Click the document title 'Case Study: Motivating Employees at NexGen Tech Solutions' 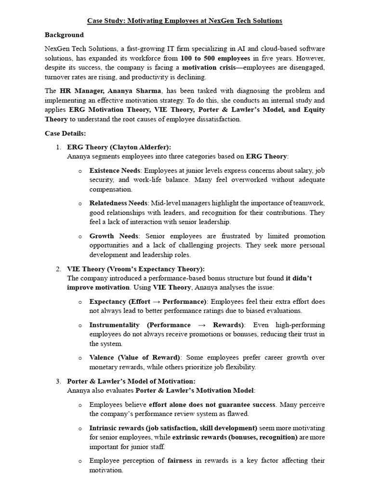click(x=185, y=21)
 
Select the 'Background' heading click(x=64, y=35)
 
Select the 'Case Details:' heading click(x=65, y=133)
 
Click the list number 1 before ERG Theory click(x=59, y=147)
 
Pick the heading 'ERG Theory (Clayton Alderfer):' click(x=119, y=147)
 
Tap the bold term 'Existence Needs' click(x=115, y=170)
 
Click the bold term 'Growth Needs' click(x=114, y=236)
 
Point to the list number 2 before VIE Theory click(x=59, y=269)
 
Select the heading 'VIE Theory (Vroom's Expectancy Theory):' click(x=136, y=269)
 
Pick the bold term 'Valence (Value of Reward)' click(x=135, y=358)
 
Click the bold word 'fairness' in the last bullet click(x=180, y=461)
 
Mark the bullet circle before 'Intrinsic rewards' click(x=80, y=428)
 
